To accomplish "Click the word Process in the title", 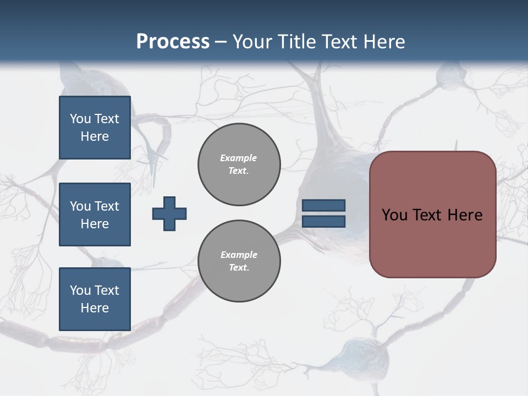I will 173,42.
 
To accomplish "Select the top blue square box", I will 95,128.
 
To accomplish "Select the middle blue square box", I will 95,215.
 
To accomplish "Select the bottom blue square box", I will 95,299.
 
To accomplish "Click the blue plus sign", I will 169,213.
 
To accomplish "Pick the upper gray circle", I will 239,164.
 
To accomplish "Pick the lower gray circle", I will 239,261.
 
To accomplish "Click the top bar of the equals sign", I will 323,205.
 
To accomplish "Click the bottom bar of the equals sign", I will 323,221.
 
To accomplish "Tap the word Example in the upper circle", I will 239,158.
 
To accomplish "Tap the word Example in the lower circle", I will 239,255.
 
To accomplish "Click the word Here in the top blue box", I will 95,136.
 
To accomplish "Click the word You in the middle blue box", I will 80,206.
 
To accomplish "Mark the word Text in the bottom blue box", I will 106,290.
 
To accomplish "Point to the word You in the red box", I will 394,215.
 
